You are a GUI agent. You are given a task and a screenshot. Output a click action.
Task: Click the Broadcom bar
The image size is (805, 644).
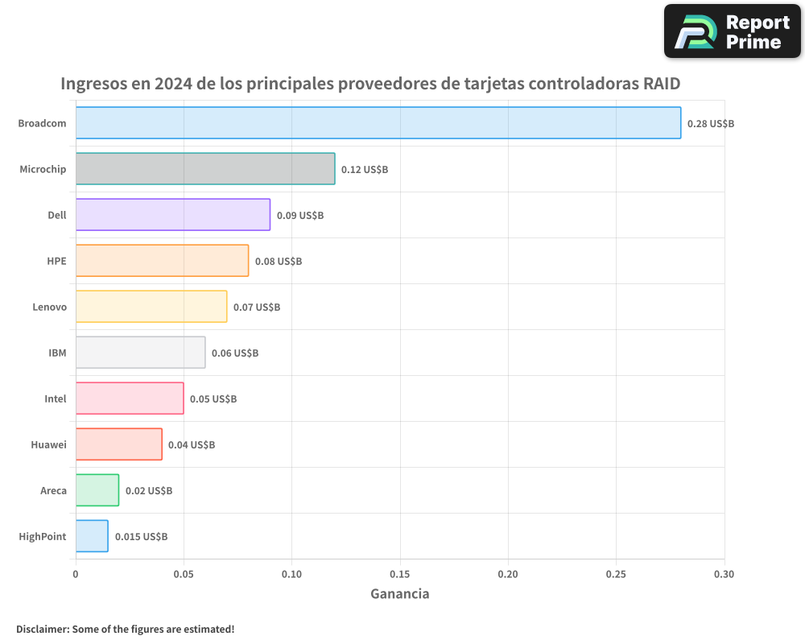(378, 123)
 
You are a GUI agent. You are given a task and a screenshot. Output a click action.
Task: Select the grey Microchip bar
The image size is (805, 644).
(205, 169)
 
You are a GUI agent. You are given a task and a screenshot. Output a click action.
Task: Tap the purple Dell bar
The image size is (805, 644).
(173, 215)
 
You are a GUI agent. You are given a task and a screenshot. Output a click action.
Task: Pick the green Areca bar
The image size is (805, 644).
(97, 490)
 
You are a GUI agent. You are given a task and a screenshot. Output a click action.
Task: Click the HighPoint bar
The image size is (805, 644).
(92, 536)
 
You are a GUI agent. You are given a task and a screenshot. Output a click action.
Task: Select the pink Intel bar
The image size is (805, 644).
(130, 398)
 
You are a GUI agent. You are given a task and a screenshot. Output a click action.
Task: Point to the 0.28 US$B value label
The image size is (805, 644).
(711, 124)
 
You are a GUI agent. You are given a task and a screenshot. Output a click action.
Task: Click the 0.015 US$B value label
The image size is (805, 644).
(141, 537)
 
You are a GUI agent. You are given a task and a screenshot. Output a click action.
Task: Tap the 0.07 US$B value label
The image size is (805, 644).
(257, 308)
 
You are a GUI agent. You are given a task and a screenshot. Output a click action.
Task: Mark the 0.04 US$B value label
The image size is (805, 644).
(192, 445)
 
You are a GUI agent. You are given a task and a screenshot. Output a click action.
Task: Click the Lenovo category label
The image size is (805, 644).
(49, 307)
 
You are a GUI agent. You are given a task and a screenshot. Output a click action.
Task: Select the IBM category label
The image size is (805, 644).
(57, 353)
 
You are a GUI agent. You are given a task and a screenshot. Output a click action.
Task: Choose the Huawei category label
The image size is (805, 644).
(48, 444)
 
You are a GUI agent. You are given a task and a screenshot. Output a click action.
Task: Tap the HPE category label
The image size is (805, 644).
(56, 261)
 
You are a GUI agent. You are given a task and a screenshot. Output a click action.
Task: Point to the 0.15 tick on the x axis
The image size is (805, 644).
(400, 574)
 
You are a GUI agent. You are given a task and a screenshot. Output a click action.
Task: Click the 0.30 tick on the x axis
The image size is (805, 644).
(724, 574)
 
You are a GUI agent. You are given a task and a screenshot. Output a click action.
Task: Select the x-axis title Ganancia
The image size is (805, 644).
(400, 594)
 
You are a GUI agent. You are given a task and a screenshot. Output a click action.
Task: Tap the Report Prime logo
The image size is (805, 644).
(732, 31)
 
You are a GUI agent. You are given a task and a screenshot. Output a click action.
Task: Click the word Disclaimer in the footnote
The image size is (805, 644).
(42, 629)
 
